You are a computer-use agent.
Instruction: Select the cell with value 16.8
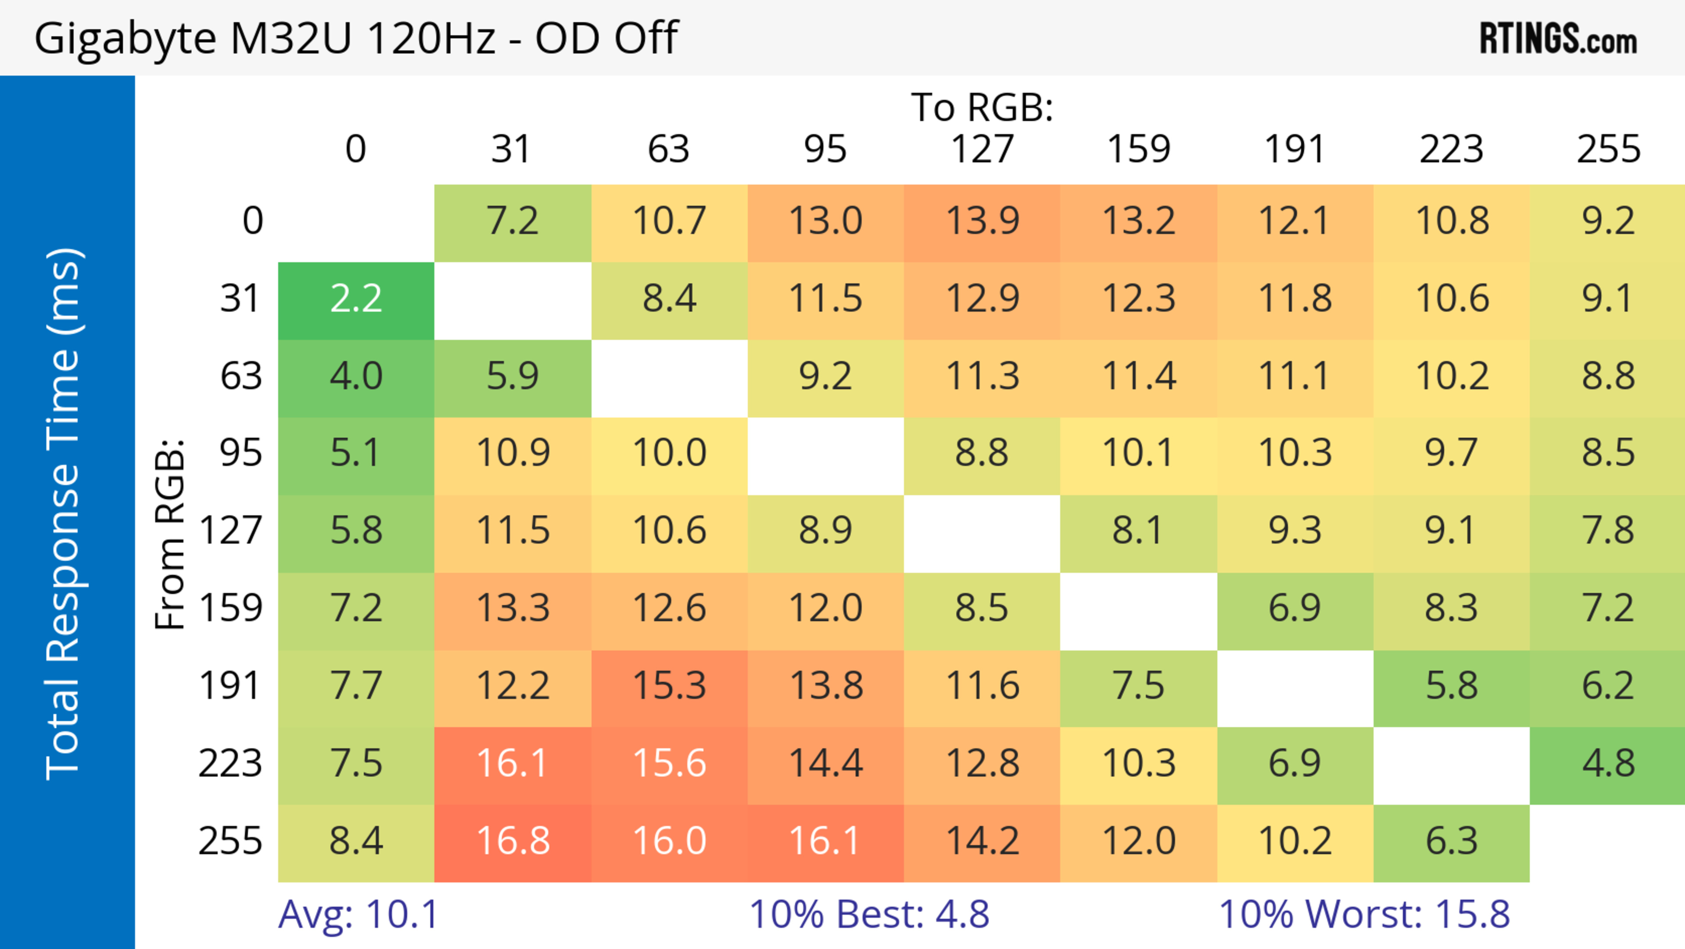[x=513, y=841]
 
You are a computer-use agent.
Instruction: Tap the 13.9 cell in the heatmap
[x=982, y=221]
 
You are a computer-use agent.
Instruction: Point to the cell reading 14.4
[x=825, y=764]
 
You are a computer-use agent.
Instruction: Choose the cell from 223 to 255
[x=1607, y=764]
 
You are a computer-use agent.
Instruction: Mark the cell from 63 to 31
[x=513, y=377]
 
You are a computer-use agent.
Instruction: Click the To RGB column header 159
[x=1138, y=149]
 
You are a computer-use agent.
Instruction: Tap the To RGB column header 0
[x=356, y=149]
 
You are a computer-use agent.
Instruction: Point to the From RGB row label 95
[x=241, y=453]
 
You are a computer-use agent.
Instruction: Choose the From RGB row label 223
[x=230, y=764]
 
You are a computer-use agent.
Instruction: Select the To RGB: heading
[x=982, y=107]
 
